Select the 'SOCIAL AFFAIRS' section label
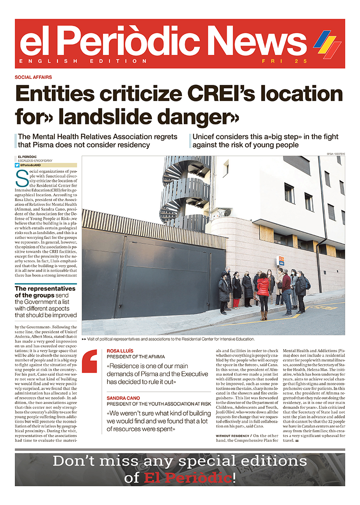[33, 77]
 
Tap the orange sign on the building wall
[281, 260]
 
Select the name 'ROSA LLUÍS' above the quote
[121, 350]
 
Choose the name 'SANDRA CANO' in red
[124, 398]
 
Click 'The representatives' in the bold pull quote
[45, 289]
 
